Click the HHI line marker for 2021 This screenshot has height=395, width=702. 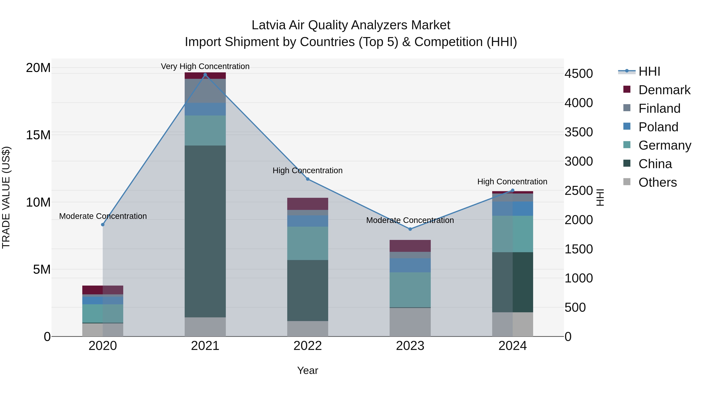click(x=205, y=75)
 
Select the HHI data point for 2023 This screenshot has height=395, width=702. click(x=410, y=229)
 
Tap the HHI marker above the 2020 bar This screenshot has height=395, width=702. click(x=103, y=225)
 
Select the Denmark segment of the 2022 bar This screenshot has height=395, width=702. click(x=308, y=204)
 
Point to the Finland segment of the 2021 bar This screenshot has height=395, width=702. click(x=205, y=91)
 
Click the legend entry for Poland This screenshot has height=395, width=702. click(x=658, y=127)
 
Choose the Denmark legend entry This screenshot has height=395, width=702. click(x=664, y=90)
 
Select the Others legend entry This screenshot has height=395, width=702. click(x=657, y=182)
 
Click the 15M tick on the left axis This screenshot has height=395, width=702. click(x=38, y=135)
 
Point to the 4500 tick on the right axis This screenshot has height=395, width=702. click(x=579, y=74)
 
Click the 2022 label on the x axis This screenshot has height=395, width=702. click(x=308, y=346)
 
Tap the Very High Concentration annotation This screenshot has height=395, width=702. click(x=205, y=66)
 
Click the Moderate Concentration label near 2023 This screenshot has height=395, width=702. click(x=410, y=220)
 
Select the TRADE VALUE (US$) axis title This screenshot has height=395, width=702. click(x=6, y=197)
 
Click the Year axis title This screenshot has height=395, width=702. click(x=308, y=370)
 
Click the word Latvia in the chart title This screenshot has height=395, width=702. click(x=269, y=25)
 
